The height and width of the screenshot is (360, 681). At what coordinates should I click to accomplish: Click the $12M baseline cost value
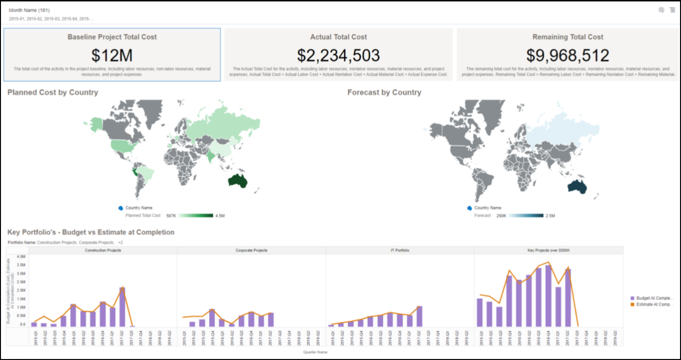tap(112, 55)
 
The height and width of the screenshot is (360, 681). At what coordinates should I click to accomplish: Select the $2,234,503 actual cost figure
tap(338, 55)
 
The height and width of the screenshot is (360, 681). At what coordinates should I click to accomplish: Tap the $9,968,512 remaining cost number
tap(568, 55)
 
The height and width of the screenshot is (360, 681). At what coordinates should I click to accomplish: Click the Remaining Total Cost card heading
tap(568, 37)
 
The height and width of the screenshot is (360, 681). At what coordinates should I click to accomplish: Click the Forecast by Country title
tap(384, 92)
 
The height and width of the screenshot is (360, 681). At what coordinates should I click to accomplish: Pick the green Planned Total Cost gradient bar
tap(196, 216)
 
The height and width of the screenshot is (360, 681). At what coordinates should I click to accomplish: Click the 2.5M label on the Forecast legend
tap(550, 216)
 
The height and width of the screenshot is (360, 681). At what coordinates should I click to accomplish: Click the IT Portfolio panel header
tap(400, 250)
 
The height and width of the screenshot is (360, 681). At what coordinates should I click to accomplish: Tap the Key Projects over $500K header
tap(548, 250)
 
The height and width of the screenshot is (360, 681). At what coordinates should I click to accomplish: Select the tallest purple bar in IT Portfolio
tap(419, 316)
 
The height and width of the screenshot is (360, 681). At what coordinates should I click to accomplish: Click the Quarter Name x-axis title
tap(315, 352)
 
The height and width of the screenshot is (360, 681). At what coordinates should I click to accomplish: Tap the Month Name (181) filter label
tap(29, 10)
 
